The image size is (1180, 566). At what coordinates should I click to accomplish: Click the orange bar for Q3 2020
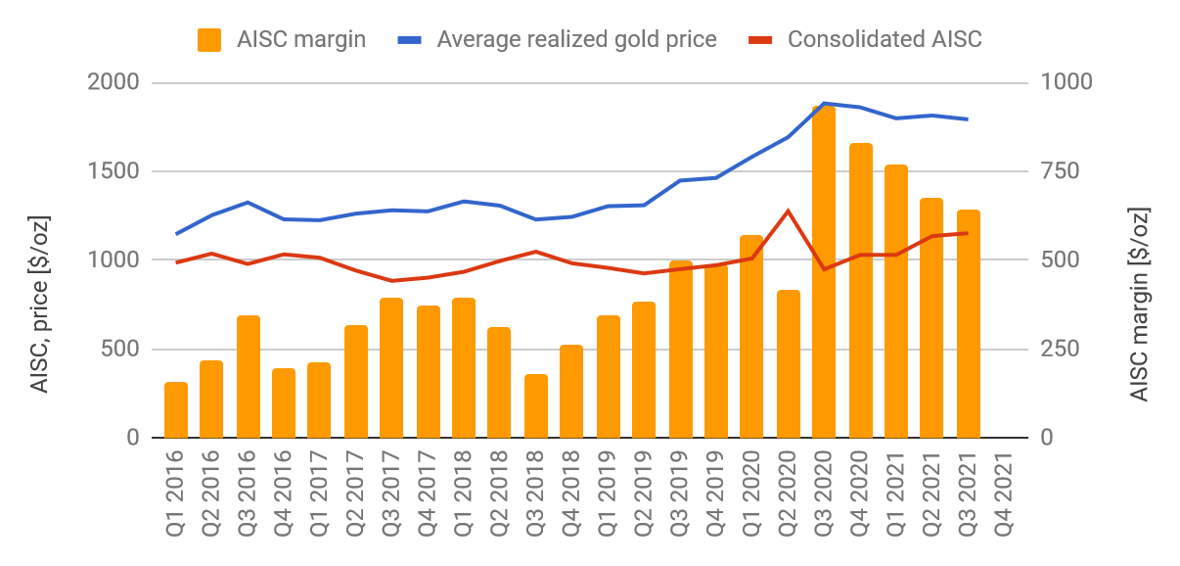coord(824,272)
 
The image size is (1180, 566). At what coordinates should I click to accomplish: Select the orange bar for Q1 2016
coord(176,410)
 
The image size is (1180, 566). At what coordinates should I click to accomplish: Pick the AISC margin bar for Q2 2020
coord(789,364)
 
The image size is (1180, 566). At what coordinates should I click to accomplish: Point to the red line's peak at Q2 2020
coord(788,211)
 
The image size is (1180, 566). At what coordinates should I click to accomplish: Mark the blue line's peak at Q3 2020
coord(825,103)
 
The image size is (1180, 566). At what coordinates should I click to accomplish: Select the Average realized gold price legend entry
coord(558,39)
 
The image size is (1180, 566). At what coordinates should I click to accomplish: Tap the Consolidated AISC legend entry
coord(865,39)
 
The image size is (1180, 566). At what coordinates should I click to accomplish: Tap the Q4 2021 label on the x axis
coord(1005,495)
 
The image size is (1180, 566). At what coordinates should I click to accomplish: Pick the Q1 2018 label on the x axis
coord(465,495)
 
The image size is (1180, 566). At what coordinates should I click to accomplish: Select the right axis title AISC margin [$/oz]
coord(1139,304)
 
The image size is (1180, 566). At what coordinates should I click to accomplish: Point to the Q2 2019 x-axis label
coord(645,495)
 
